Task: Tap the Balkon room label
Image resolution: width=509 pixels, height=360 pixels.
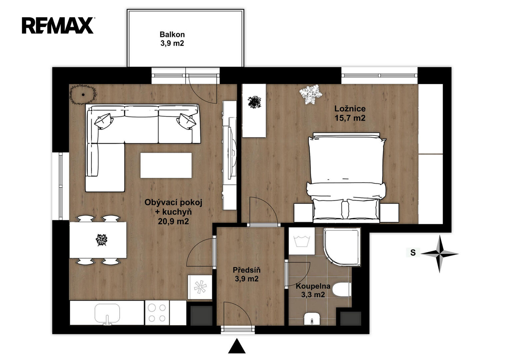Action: coord(172,39)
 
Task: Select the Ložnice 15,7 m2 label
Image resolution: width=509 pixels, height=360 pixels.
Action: coord(350,113)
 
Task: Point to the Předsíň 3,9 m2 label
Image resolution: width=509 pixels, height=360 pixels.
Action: coord(247,274)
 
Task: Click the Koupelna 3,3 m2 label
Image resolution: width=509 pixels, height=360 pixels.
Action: coord(313,290)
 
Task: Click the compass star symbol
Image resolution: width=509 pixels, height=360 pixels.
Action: coord(440,254)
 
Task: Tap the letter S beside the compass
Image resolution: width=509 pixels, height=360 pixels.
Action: coord(413,253)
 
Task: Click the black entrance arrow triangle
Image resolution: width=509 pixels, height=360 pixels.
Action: coord(237,346)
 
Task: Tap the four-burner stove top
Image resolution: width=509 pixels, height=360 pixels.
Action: coord(157,313)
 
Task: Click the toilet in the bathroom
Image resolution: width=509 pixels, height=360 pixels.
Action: coord(342,290)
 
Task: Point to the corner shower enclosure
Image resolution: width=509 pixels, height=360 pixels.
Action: coord(342,247)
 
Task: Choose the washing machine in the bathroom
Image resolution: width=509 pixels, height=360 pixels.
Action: coord(302,241)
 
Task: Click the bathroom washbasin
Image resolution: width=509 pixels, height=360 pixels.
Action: coord(312,319)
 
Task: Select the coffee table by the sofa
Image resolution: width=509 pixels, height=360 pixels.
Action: coord(166,165)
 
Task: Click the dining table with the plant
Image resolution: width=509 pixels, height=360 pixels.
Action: coord(98,240)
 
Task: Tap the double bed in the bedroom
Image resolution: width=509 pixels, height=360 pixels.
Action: coord(346,178)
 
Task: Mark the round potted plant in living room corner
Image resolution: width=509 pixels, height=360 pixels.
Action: coord(83,94)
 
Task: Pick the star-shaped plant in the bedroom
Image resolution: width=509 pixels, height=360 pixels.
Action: coord(310,94)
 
